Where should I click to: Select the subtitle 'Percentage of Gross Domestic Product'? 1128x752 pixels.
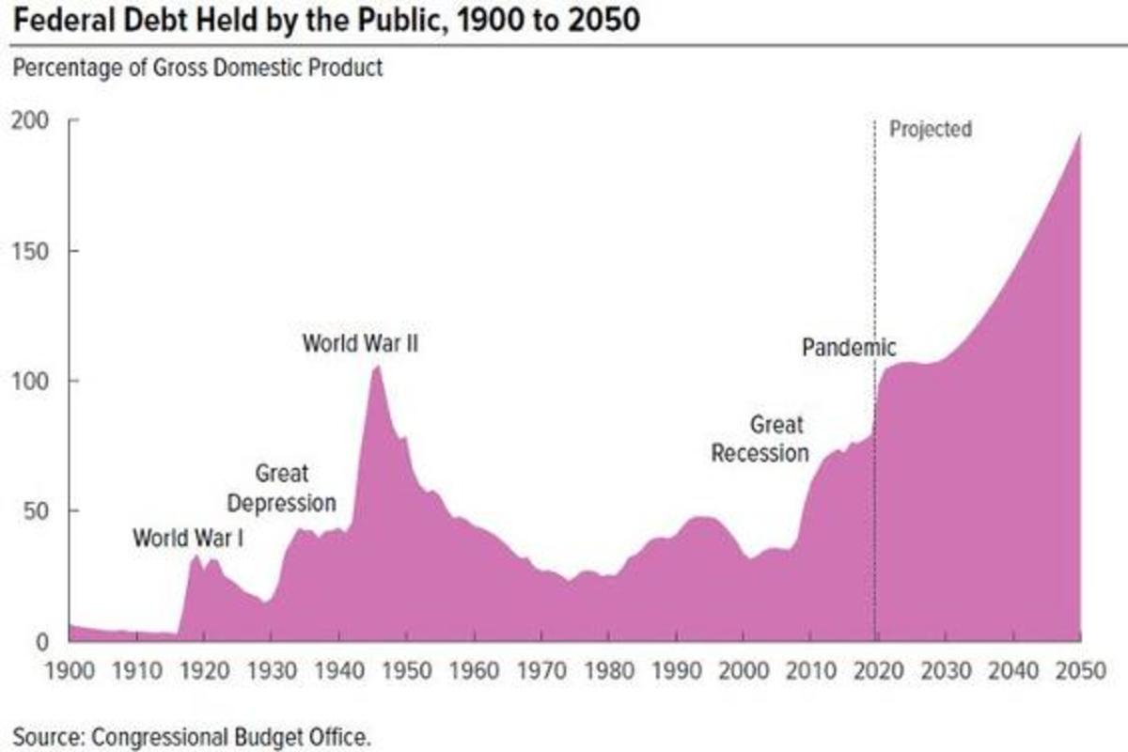tap(197, 69)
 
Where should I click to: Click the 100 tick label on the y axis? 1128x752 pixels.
tap(31, 381)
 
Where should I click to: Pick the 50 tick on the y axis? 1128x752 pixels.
tap(37, 510)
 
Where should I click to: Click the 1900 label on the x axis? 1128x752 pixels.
tap(70, 673)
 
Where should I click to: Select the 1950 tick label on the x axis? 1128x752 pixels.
tap(406, 673)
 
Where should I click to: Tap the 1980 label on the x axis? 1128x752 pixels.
tap(608, 673)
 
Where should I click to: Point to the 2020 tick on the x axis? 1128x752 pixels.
tap(878, 673)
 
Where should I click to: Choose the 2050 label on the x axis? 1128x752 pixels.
tap(1080, 673)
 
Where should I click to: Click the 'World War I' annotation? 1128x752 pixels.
tap(188, 539)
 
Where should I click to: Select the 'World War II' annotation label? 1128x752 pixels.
tap(360, 343)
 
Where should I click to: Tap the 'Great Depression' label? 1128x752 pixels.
tap(281, 489)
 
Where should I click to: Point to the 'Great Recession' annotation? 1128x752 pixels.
tap(760, 439)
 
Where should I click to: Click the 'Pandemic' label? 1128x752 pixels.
tap(849, 347)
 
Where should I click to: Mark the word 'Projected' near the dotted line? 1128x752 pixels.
tap(930, 129)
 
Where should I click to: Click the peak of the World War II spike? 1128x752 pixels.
tap(377, 367)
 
